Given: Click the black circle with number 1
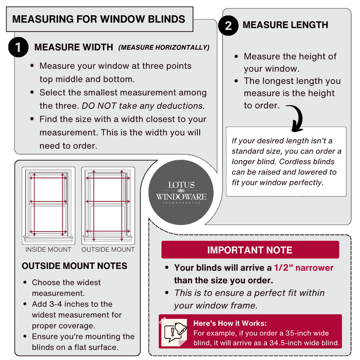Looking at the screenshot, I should [x=18, y=48].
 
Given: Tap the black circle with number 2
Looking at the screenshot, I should [x=228, y=26].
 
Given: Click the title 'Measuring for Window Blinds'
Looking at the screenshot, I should [x=98, y=19].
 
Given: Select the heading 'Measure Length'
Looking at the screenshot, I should [x=285, y=25].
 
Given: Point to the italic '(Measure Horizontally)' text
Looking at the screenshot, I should [x=164, y=47].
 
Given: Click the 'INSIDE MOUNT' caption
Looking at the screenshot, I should [x=48, y=249].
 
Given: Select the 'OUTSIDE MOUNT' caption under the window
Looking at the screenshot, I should [x=108, y=249].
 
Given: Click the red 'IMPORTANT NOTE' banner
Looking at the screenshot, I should [x=250, y=250].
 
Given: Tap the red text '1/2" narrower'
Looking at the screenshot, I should [x=304, y=268].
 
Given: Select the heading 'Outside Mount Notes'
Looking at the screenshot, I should [x=75, y=266].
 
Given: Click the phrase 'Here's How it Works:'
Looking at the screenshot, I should [x=230, y=323].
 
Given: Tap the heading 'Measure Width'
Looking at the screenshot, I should [x=74, y=47].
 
